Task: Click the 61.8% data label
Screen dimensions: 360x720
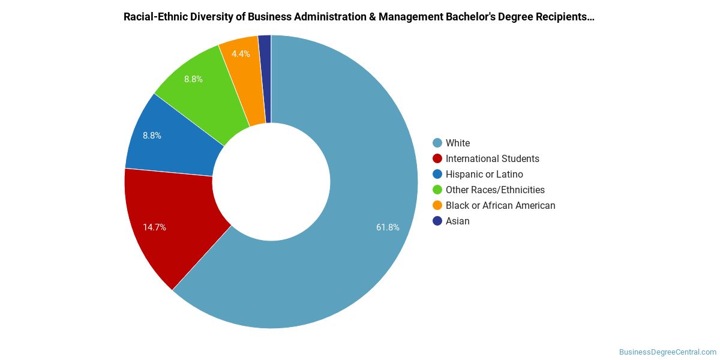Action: click(x=388, y=227)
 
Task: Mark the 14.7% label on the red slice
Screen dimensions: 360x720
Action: click(x=154, y=227)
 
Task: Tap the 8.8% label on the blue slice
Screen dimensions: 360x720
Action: click(x=152, y=136)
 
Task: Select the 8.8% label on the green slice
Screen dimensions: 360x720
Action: click(x=193, y=79)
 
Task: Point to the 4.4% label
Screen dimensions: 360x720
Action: click(x=241, y=54)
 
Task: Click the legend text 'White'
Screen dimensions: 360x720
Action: click(x=458, y=143)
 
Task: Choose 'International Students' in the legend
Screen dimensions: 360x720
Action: click(x=492, y=158)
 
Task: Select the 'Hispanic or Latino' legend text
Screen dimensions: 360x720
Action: click(x=484, y=174)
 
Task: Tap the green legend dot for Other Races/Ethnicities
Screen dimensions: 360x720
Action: click(x=437, y=190)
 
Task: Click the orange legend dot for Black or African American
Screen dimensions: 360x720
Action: click(x=437, y=205)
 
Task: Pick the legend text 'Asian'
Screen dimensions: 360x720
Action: click(x=457, y=221)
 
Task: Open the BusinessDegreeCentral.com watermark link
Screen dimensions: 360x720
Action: click(x=667, y=352)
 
